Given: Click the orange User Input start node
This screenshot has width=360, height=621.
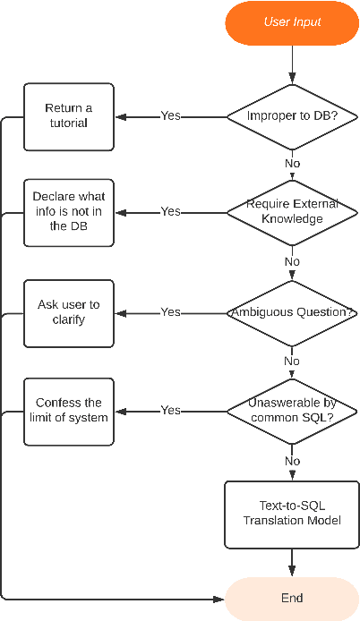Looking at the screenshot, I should click(292, 21).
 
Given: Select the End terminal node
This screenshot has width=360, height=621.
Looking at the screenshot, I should click(292, 599).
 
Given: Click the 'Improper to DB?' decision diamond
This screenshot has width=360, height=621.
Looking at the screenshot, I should click(292, 116).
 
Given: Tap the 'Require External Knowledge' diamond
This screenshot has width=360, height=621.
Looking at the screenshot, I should click(292, 212).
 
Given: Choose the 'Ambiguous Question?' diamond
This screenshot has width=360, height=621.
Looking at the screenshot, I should click(292, 312).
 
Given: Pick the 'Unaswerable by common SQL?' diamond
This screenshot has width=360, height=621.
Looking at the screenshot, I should click(292, 411).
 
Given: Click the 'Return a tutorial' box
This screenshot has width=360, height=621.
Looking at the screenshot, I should click(69, 116).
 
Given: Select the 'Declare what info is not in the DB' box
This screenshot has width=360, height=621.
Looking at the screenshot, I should click(69, 212).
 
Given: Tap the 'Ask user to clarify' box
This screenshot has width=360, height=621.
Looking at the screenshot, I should click(69, 312).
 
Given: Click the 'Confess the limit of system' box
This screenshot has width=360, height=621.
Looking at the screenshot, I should click(69, 411).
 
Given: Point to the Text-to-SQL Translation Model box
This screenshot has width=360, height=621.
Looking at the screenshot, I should click(292, 514).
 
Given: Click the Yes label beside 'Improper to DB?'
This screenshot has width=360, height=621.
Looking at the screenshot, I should click(170, 116).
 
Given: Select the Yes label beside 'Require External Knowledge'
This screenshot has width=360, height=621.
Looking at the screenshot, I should click(170, 212).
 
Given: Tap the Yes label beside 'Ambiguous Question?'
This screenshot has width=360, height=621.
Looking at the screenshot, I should click(170, 312).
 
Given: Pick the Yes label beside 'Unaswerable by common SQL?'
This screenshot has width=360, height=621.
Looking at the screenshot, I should click(170, 411).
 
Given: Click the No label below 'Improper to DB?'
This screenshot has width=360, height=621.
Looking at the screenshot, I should click(292, 164).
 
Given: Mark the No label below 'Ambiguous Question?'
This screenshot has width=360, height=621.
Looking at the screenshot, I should click(292, 362).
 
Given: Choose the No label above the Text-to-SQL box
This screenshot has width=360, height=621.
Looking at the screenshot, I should click(292, 461).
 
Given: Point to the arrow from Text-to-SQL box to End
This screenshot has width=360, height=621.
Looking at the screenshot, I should click(292, 563).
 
